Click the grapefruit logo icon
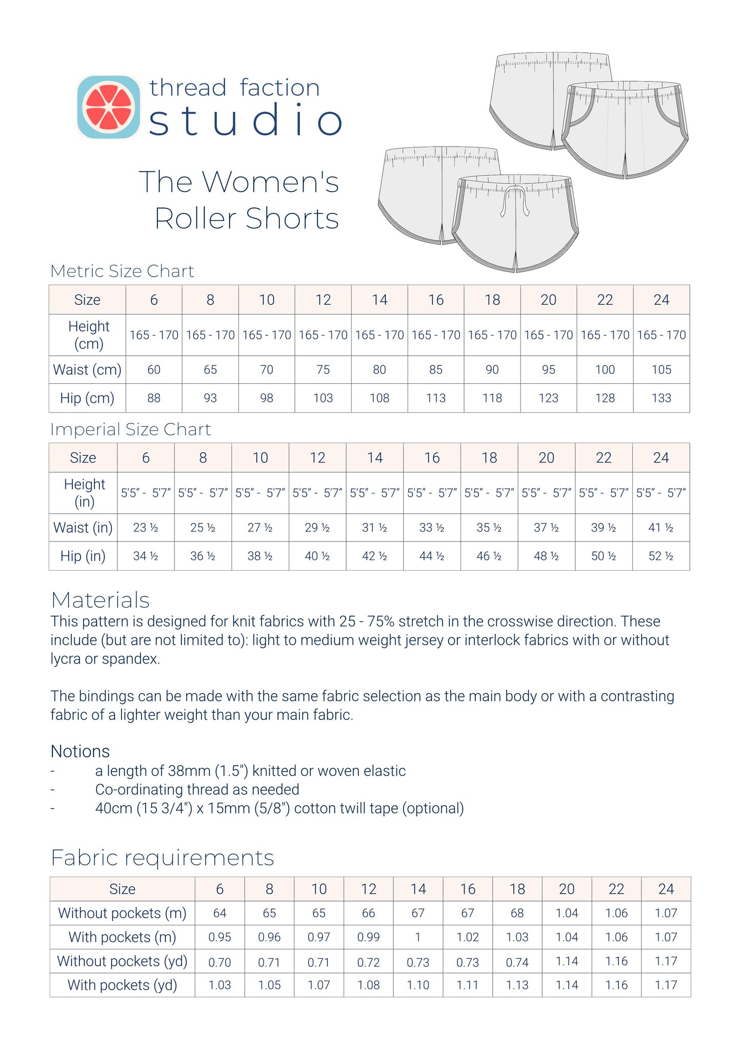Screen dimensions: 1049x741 (108, 107)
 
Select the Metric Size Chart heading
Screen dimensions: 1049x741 (122, 271)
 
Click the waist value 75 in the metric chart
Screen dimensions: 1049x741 (323, 370)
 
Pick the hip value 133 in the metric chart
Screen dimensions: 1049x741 (661, 398)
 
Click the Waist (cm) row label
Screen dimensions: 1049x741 (87, 370)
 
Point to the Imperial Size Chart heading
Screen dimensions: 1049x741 (130, 429)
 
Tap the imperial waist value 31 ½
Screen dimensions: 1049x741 (374, 528)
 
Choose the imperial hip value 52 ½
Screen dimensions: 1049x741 (660, 556)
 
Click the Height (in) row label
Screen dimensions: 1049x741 (84, 493)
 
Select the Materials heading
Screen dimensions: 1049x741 (101, 600)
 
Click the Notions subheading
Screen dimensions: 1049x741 (80, 751)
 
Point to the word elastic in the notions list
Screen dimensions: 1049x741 (384, 771)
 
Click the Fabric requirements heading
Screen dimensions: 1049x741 (163, 858)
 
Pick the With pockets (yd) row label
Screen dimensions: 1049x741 (122, 985)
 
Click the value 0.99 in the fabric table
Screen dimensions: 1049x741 (368, 937)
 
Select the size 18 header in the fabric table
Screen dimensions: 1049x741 (517, 889)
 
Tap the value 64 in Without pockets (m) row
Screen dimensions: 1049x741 (219, 913)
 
